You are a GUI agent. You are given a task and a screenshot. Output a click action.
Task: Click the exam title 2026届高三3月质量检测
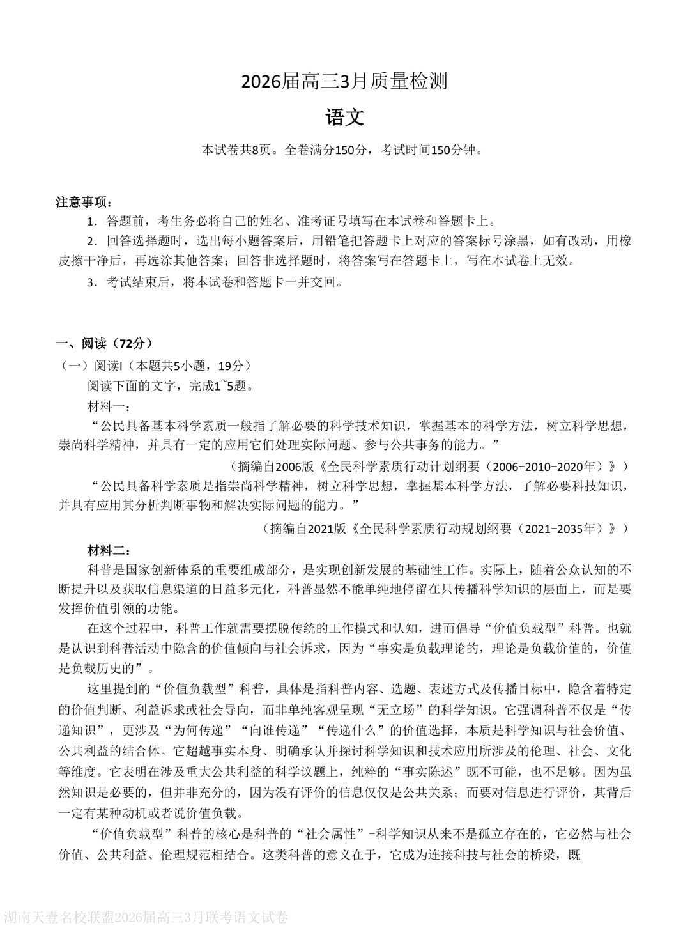(344, 82)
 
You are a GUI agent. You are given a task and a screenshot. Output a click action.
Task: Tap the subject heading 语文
(344, 118)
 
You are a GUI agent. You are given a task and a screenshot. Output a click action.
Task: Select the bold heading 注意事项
(84, 203)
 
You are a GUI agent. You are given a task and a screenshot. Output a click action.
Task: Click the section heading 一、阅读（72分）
(105, 343)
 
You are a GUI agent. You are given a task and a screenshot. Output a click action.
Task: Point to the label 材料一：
(109, 406)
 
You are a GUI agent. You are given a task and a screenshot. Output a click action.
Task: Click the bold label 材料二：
(109, 550)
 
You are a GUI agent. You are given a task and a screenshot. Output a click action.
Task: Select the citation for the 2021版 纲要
(445, 529)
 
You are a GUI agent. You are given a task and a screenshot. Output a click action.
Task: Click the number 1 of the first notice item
(91, 222)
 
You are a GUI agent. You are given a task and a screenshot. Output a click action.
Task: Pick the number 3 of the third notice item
(91, 282)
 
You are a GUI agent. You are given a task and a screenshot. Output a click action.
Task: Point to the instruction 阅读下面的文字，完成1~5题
(171, 386)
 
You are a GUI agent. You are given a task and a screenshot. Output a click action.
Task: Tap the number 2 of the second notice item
(91, 241)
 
